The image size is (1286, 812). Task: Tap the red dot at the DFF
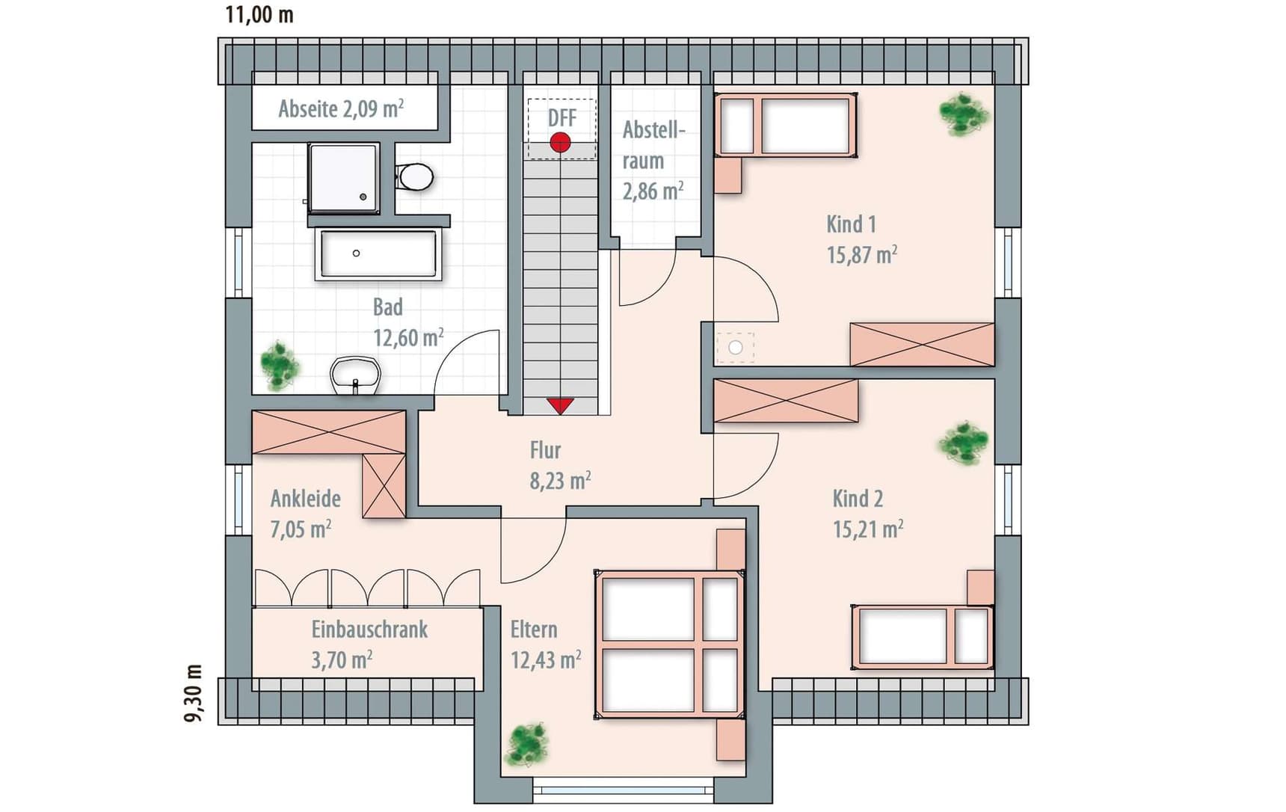[x=560, y=141]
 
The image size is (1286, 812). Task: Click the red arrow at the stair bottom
[x=560, y=406]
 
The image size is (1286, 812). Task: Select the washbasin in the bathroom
[x=355, y=375]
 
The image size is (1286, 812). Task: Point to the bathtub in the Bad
[x=376, y=254]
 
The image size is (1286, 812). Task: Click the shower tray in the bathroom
[x=343, y=179]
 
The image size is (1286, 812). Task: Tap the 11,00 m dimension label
[x=259, y=14]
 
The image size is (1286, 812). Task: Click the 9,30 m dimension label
[x=194, y=693]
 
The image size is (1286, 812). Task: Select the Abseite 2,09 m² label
[x=341, y=108]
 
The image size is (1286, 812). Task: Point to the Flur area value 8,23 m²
[x=560, y=480]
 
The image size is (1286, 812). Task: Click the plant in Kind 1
[x=964, y=114]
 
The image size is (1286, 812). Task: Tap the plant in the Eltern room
[x=528, y=744]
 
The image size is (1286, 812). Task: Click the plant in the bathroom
[x=280, y=366]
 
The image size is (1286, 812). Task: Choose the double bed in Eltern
[x=670, y=645]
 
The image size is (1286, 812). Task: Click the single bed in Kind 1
[x=785, y=125]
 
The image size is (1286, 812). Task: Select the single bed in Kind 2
[x=923, y=636]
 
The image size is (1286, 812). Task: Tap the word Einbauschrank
[x=369, y=630]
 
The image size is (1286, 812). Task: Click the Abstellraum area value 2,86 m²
[x=653, y=191]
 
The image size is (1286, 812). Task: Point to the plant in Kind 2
[x=964, y=443]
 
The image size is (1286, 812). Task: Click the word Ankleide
[x=306, y=498]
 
